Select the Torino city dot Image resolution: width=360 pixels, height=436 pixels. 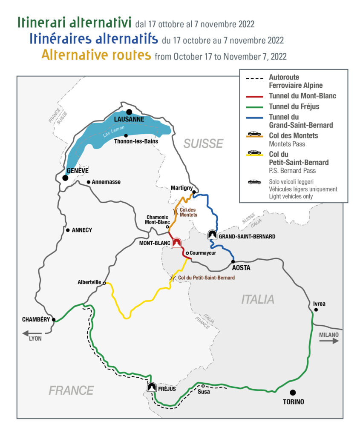tap(293, 393)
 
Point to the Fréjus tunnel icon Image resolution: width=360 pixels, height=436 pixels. tap(151, 387)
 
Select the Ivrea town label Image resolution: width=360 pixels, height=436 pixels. tap(319, 304)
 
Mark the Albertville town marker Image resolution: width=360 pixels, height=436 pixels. tap(104, 283)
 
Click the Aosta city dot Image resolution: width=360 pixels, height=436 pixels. tap(233, 261)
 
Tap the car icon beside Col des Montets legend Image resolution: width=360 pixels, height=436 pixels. tap(254, 133)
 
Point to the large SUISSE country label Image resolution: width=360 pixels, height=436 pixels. tap(203, 143)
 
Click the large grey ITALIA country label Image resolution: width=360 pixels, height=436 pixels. tap(258, 299)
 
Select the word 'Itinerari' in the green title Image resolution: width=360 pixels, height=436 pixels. tap(45, 22)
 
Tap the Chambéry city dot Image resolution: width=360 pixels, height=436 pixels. tap(54, 319)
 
